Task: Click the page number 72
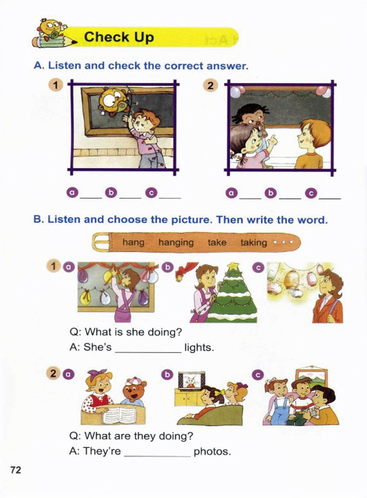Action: point(15,470)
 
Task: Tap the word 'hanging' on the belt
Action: point(176,242)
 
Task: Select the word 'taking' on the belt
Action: point(254,243)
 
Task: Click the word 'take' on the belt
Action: point(217,242)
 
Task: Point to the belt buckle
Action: point(101,242)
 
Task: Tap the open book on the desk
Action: point(119,414)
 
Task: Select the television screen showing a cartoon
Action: point(192,380)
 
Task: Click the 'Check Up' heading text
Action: point(119,37)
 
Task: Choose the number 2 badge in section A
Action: point(210,86)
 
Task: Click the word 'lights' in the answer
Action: point(199,347)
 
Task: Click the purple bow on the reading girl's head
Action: point(97,372)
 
